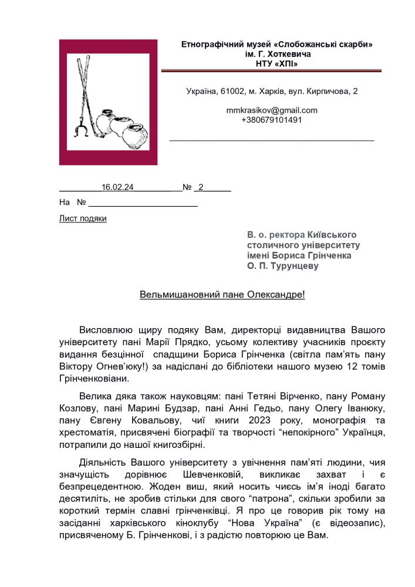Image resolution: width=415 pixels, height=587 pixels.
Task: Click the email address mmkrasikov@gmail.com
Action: [x=271, y=110]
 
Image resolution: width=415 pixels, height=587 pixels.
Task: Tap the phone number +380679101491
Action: [x=271, y=120]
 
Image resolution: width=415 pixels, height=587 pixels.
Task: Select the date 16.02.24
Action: [x=118, y=187]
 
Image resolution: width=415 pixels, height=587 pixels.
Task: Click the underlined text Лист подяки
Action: [x=83, y=218]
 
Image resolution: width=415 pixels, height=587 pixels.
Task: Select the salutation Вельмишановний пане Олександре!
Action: [x=222, y=293]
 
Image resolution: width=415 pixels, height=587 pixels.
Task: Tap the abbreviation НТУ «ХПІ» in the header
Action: [x=276, y=63]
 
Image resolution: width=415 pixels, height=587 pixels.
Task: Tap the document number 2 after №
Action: [x=201, y=187]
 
